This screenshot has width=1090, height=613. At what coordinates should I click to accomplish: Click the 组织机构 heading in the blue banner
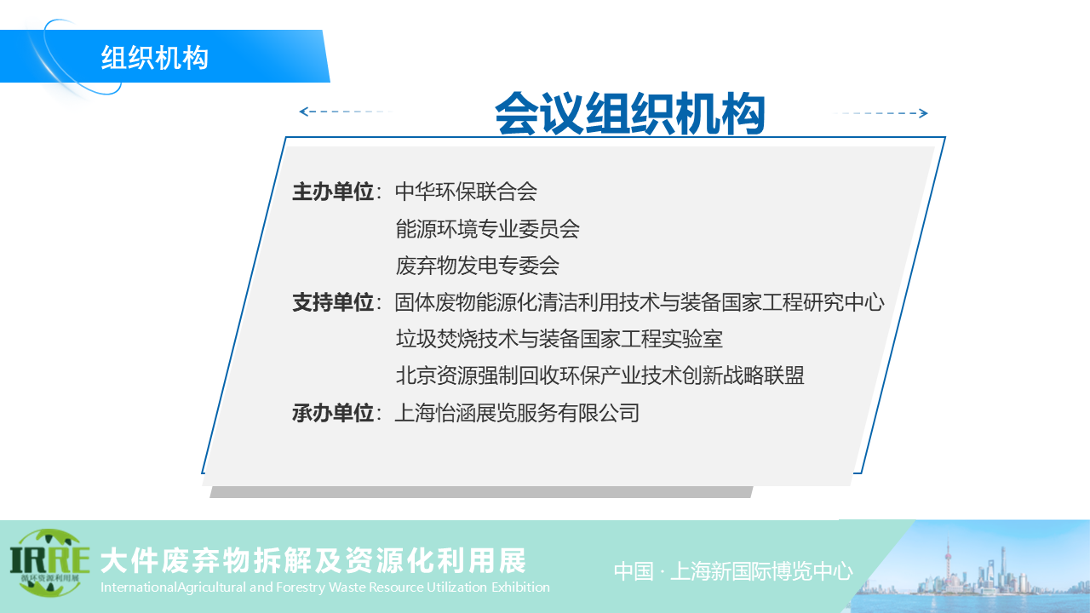tap(155, 57)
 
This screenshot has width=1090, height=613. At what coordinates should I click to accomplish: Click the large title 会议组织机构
tap(630, 114)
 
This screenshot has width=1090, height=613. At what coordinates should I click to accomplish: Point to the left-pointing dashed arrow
tap(347, 112)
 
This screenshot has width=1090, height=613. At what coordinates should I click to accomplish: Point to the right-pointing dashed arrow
tap(881, 113)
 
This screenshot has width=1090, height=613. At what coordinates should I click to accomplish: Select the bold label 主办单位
tap(333, 192)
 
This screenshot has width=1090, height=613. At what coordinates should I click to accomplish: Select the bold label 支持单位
tap(333, 302)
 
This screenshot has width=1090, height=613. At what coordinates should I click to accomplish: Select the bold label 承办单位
tap(333, 413)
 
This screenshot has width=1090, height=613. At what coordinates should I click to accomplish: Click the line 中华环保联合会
tap(466, 192)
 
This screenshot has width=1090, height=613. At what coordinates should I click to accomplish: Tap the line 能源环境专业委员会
tap(487, 229)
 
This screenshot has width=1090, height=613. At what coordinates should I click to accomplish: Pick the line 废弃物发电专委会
tap(477, 266)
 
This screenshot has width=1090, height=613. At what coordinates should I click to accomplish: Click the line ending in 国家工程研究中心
tap(640, 302)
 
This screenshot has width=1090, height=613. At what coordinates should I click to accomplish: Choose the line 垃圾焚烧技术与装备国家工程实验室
tap(559, 339)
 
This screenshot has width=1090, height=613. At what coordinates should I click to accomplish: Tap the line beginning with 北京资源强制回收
tap(599, 375)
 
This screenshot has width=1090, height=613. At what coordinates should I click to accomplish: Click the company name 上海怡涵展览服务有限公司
tap(517, 413)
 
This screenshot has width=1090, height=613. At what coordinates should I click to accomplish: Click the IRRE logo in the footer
tap(49, 564)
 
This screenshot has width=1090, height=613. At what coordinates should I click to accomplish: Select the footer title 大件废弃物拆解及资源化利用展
tap(313, 561)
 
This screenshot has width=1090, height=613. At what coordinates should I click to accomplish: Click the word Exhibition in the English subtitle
tap(520, 587)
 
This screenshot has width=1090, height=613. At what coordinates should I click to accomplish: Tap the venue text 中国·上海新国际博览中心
tap(733, 571)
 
